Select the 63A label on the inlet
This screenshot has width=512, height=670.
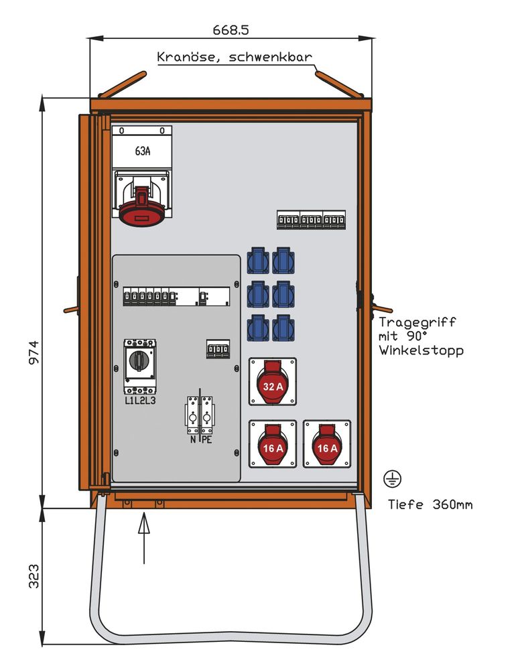142,151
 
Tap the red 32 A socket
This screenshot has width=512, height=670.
272,383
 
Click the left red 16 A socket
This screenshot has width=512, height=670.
272,444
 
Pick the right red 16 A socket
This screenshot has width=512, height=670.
327,444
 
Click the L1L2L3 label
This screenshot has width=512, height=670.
140,401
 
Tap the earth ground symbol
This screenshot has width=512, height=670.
392,478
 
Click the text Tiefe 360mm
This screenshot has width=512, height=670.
430,505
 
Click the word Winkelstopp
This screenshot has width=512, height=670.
420,350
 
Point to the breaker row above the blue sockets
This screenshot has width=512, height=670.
311,220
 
